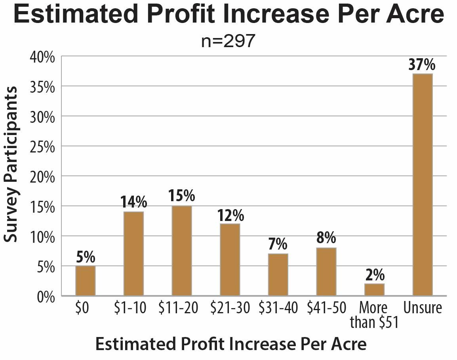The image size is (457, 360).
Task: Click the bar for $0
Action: point(85,280)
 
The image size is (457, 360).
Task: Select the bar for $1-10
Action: point(133,253)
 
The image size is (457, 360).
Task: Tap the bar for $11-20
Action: point(182,250)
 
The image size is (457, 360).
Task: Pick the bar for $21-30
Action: point(230,259)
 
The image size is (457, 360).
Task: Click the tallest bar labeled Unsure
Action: point(422,185)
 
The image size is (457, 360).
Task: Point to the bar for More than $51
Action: point(374,290)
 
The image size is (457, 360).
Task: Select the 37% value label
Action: point(422,65)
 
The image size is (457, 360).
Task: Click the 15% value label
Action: point(182,196)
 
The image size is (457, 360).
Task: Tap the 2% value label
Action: point(374,275)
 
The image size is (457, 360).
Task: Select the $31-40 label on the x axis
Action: point(278,308)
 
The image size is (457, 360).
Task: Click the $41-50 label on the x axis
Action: point(326,308)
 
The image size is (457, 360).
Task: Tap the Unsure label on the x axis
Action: point(422,308)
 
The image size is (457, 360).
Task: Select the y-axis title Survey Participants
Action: point(11,164)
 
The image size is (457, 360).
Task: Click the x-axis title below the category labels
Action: point(231,344)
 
